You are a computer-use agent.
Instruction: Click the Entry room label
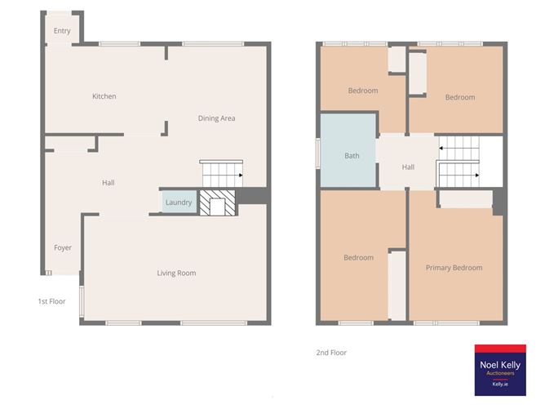click(62, 31)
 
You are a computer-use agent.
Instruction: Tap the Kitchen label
click(104, 96)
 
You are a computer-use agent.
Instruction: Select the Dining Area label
click(216, 118)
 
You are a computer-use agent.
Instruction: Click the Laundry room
click(179, 202)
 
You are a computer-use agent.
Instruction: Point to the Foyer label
click(63, 247)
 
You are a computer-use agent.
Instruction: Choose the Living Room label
click(176, 273)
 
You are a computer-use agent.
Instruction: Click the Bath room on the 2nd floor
click(352, 155)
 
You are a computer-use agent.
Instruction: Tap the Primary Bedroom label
click(454, 267)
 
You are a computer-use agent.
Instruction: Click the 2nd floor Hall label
click(408, 167)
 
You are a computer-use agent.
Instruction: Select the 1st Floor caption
click(51, 301)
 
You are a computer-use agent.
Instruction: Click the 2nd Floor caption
click(331, 353)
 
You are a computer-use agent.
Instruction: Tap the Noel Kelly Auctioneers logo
click(501, 369)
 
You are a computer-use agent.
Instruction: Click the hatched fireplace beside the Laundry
click(217, 202)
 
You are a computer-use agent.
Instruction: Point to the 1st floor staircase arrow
click(241, 175)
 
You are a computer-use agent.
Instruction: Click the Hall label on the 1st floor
click(108, 183)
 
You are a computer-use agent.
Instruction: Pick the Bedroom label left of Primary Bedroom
click(358, 258)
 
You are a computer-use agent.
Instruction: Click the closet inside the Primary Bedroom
click(466, 199)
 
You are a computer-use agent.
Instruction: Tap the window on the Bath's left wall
click(318, 155)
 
